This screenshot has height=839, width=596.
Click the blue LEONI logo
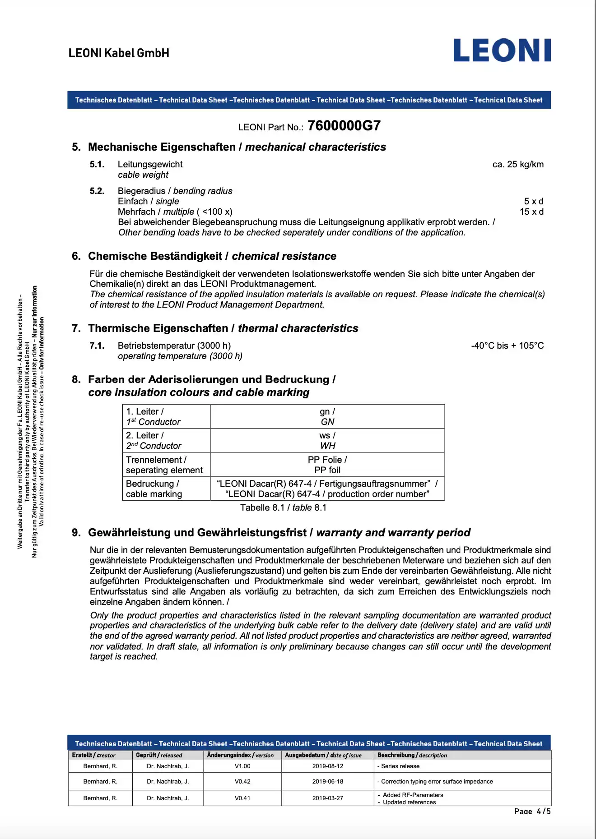coord(502,51)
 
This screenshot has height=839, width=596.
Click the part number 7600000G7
coord(344,126)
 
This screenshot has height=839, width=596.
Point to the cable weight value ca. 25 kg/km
coord(517,164)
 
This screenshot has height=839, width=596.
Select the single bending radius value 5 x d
coord(533,201)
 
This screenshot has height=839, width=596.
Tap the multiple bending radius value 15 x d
coord(531,212)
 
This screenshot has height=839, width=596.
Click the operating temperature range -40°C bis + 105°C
coord(507,346)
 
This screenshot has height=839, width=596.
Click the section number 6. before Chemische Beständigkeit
coord(76,256)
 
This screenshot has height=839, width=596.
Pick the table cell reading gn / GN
coord(327,416)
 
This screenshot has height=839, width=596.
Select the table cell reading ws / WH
coord(327,440)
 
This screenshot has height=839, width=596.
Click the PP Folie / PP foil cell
coord(327,465)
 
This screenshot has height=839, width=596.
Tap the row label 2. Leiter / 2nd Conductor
coord(154,440)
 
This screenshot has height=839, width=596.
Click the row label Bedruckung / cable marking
coord(154,489)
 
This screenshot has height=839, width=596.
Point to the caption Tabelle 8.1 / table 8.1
coord(283,507)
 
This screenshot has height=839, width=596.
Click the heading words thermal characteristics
coord(298,328)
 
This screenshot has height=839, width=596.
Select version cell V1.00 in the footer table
coord(242,766)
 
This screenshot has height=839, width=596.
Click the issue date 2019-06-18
coord(327,781)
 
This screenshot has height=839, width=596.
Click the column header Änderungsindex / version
coord(240,755)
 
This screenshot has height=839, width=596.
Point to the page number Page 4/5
coord(532,811)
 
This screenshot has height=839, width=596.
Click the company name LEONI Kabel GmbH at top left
coord(119,53)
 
